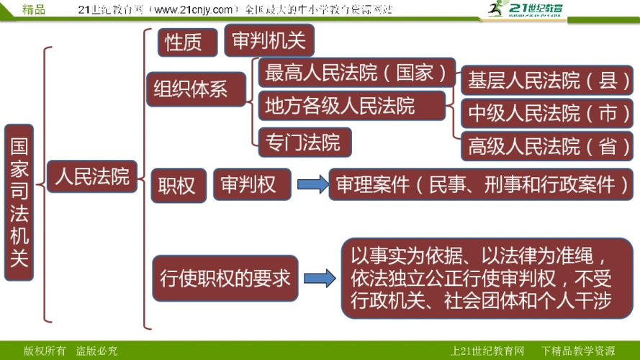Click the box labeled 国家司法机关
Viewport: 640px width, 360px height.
(x=19, y=202)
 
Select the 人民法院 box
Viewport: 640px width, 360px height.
(x=92, y=176)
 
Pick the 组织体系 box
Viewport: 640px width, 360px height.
(x=191, y=88)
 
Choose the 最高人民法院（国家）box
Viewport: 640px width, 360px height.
(x=356, y=73)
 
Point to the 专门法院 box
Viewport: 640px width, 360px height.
(x=305, y=142)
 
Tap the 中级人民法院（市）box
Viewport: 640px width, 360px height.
(x=546, y=113)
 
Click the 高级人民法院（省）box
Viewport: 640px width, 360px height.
(x=546, y=146)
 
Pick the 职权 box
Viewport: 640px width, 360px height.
(x=176, y=185)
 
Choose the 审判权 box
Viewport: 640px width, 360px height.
(x=251, y=184)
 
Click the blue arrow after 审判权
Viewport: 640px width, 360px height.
(x=311, y=184)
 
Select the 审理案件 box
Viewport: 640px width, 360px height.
(x=481, y=184)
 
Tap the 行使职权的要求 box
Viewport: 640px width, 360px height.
(x=225, y=277)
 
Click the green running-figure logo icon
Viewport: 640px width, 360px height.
(x=495, y=9)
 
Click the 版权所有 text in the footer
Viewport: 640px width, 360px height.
(x=45, y=351)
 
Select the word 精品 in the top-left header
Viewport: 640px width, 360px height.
(x=34, y=9)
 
